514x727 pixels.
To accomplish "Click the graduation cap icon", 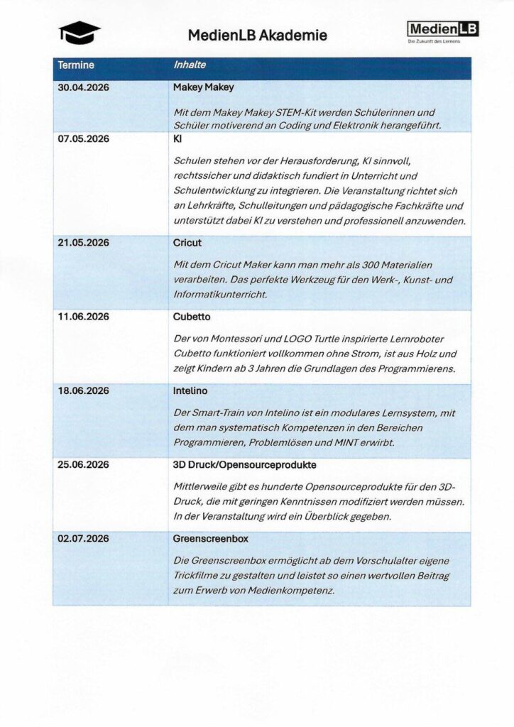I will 80,32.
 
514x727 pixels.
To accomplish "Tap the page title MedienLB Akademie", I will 258,35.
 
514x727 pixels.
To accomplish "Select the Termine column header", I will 76,65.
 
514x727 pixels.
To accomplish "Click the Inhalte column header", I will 190,65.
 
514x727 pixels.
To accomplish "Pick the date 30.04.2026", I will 83,88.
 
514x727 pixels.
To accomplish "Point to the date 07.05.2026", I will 83,139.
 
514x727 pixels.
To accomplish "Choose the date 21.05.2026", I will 83,243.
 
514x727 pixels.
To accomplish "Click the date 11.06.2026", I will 83,317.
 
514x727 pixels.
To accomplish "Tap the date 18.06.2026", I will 83,390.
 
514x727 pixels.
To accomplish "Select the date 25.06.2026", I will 83,465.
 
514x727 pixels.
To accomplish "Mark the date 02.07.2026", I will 83,539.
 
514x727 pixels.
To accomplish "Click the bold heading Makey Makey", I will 204,88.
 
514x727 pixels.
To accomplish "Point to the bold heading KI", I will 177,139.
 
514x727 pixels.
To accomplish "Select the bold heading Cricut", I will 187,243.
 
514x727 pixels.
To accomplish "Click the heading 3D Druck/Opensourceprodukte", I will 245,465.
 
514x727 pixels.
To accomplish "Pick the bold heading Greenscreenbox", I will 211,539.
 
